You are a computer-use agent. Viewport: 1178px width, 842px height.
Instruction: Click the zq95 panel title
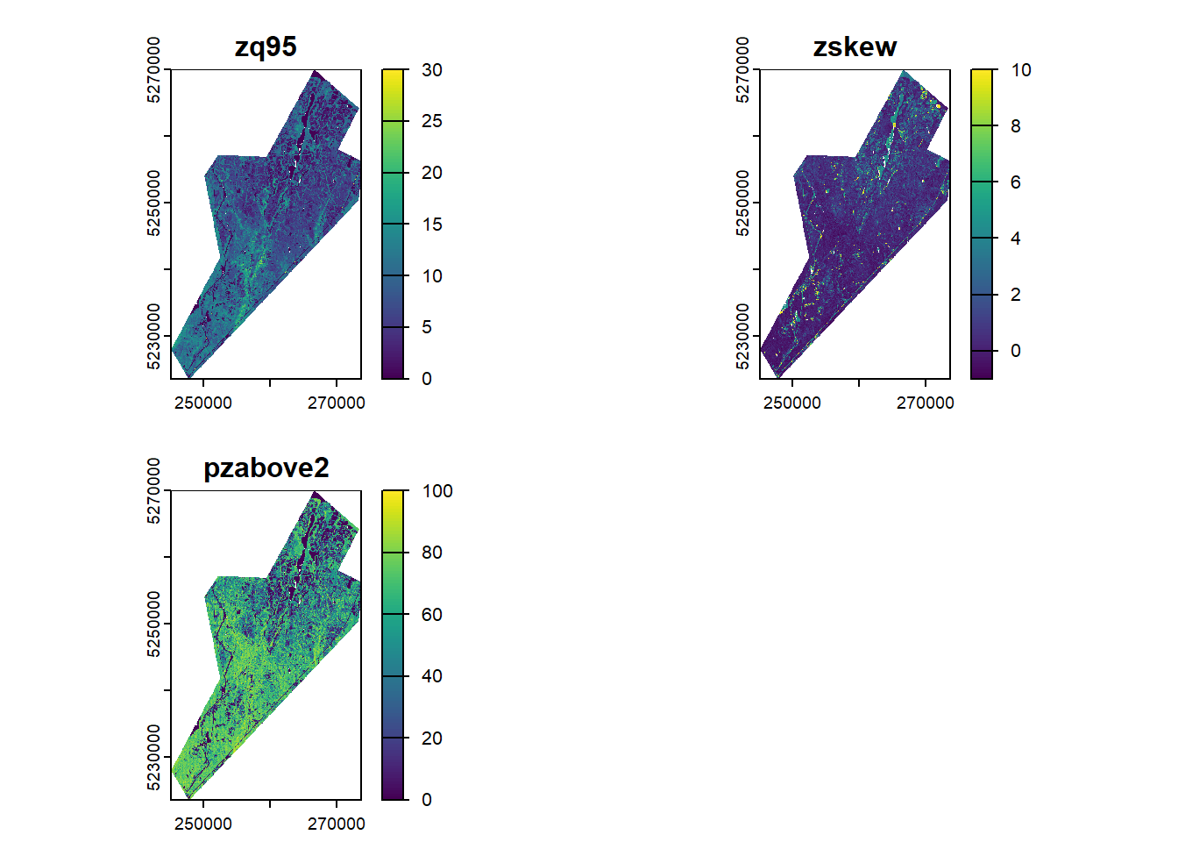pos(266,46)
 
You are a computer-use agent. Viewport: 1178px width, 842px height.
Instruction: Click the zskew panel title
pos(855,46)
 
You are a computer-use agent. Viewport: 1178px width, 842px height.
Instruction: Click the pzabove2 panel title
pos(266,467)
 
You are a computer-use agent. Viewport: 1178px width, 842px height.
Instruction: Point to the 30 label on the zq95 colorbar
pos(431,70)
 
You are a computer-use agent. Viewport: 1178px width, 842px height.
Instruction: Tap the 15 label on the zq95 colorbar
pos(431,225)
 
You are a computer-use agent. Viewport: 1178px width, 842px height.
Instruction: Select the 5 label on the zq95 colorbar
pos(427,327)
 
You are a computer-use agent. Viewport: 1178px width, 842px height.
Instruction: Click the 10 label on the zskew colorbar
pos(1020,70)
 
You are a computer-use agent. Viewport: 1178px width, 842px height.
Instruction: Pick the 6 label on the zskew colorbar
pos(1016,182)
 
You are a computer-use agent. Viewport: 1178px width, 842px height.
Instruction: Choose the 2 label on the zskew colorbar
pos(1016,295)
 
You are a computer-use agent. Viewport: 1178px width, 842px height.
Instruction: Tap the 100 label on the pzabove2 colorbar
pos(436,491)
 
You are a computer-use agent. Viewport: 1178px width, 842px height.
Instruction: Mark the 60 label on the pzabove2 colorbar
pos(431,615)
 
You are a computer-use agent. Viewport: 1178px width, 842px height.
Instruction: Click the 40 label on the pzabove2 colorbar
pos(431,676)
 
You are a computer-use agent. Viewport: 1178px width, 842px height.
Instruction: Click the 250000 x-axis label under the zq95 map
pos(203,403)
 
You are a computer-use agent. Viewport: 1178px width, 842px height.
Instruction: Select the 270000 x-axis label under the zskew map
pos(925,403)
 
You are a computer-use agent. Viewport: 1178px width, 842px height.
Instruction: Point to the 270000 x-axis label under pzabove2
pos(336,824)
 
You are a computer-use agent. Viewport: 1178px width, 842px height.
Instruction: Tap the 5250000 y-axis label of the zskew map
pos(743,203)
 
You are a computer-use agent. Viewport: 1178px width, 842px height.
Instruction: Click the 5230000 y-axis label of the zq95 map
pos(154,337)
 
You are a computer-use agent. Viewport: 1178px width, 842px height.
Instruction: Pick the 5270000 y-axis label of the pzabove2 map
pos(154,491)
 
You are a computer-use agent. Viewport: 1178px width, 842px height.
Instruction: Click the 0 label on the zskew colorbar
pos(1016,351)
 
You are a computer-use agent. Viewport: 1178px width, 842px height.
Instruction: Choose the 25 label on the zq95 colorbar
pos(431,121)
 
